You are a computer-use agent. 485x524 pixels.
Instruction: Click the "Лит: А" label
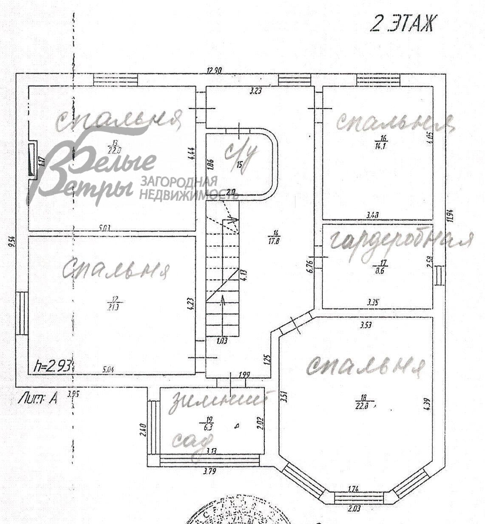coord(38,399)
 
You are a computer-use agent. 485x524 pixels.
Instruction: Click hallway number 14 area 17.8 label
coord(276,236)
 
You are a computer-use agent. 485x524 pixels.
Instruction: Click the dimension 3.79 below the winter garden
coord(209,471)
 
